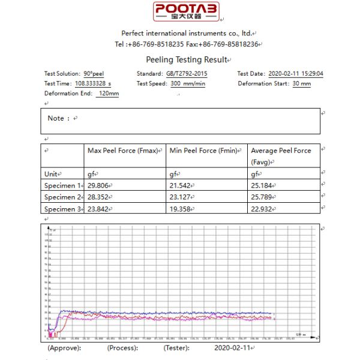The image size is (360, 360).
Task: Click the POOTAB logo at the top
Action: click(x=186, y=11)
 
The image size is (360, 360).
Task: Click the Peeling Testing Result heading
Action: click(x=187, y=59)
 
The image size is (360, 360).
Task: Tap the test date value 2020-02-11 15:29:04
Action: click(x=296, y=74)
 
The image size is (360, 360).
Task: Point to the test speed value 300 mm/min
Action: click(x=187, y=84)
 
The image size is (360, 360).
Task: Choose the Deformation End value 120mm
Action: click(x=108, y=94)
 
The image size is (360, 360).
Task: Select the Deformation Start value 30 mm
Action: click(x=301, y=84)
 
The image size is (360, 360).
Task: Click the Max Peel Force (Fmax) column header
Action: click(x=125, y=151)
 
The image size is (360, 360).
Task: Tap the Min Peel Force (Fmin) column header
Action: click(x=204, y=151)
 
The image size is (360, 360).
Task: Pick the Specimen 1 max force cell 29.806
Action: click(x=99, y=185)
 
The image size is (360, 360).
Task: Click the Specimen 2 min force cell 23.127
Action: click(x=181, y=197)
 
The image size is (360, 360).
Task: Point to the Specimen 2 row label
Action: click(x=62, y=197)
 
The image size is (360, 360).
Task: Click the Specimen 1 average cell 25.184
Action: click(x=263, y=185)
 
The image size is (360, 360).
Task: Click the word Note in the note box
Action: click(x=56, y=118)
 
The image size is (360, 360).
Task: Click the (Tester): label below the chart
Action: click(x=176, y=347)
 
